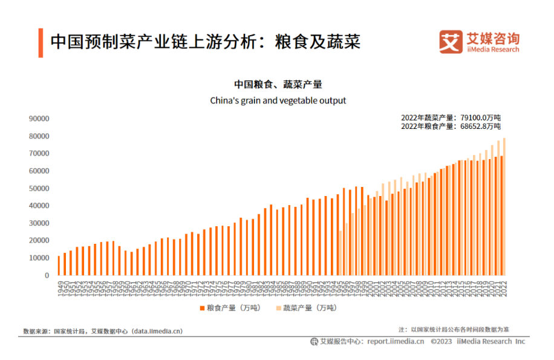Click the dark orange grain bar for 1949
(x=59, y=266)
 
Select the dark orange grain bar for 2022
(x=501, y=216)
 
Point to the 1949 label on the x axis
(x=59, y=288)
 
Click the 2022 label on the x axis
(x=503, y=288)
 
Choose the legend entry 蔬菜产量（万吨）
(x=308, y=308)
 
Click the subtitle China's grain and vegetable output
(x=278, y=100)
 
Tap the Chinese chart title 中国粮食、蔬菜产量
(x=278, y=85)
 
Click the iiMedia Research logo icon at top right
(x=450, y=41)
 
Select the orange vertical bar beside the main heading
(x=41, y=42)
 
